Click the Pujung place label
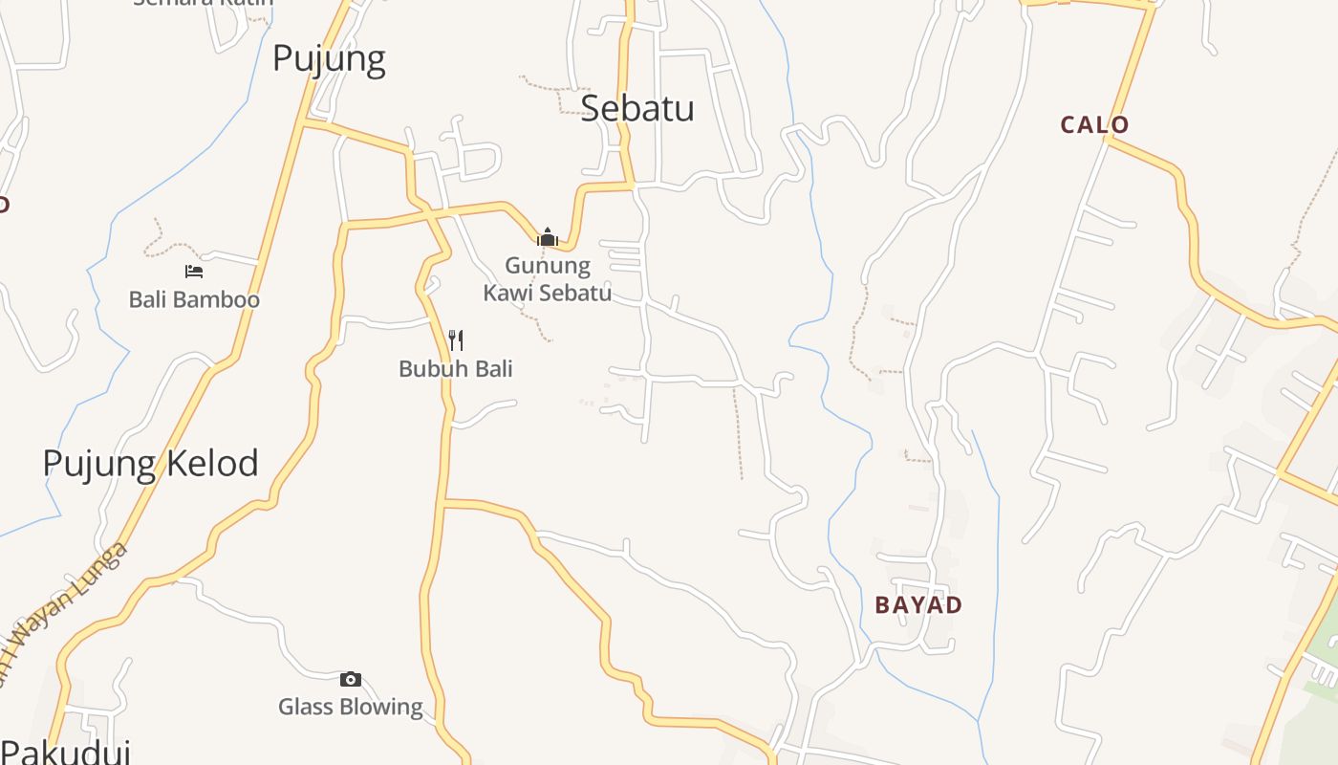click(329, 59)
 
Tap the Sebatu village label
click(637, 108)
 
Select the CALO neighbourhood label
click(1094, 124)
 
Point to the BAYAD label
click(917, 604)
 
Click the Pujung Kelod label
click(150, 464)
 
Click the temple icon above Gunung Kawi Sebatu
click(548, 236)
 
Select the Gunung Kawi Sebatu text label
click(548, 278)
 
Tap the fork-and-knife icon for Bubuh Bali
click(456, 339)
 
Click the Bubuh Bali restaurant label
click(455, 368)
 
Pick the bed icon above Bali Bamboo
click(194, 271)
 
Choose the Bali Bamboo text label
click(194, 299)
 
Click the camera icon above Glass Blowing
click(351, 679)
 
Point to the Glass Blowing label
click(350, 707)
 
